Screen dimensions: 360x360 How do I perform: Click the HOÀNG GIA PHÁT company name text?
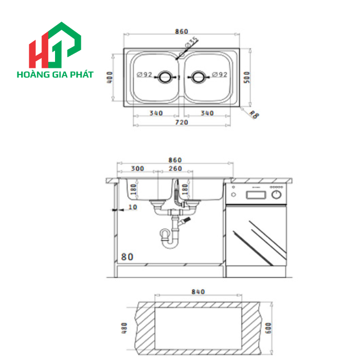(x=55, y=75)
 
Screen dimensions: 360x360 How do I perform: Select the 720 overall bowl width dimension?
(x=182, y=122)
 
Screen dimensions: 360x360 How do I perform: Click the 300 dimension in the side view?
(x=137, y=169)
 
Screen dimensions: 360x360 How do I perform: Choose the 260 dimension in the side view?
(x=175, y=169)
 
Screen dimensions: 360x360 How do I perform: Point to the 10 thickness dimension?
(x=133, y=207)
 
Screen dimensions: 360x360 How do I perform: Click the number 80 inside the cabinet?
(x=127, y=256)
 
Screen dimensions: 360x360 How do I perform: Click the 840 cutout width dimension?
(x=198, y=292)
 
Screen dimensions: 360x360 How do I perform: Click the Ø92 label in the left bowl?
(x=145, y=75)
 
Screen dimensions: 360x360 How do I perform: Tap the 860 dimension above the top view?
(x=181, y=31)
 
